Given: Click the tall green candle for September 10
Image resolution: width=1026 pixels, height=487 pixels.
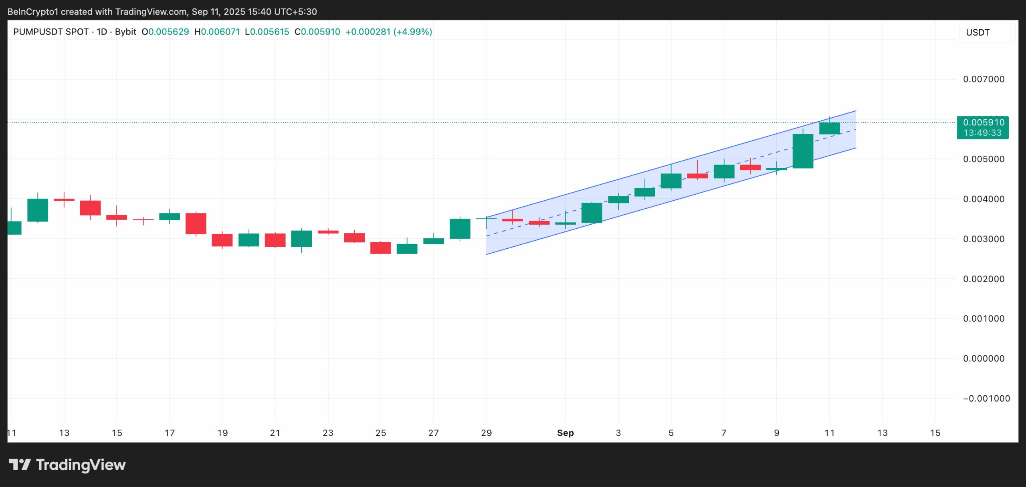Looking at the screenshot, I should [803, 151].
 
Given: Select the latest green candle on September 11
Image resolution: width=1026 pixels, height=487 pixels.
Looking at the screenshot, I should [829, 128].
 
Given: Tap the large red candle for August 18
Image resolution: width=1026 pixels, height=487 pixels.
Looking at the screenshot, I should [196, 223].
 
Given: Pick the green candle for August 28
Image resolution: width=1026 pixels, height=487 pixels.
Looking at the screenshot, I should [460, 229].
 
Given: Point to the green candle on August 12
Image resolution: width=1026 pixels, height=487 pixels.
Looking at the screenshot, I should [38, 210].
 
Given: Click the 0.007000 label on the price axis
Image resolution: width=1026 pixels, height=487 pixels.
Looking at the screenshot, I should [984, 79].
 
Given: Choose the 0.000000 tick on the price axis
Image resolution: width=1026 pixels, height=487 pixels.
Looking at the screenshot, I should [984, 358].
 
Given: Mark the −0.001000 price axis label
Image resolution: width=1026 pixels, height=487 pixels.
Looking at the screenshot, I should [986, 398].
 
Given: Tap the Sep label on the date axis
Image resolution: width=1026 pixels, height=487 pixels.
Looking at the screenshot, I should [565, 433].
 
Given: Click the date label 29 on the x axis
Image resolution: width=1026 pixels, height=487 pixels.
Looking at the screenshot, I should [486, 433].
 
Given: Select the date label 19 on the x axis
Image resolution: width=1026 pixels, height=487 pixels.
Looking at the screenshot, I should [222, 433].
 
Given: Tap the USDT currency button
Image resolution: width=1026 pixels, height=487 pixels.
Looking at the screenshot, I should [978, 32].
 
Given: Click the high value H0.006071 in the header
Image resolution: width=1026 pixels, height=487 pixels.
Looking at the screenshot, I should [217, 32].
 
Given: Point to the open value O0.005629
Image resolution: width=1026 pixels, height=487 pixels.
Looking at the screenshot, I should [165, 32].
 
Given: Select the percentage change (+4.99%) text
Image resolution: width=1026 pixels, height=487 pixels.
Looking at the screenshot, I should [413, 32].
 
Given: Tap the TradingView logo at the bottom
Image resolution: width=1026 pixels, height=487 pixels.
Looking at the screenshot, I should [67, 465].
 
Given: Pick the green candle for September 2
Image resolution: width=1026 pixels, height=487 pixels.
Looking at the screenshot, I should [592, 213].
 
